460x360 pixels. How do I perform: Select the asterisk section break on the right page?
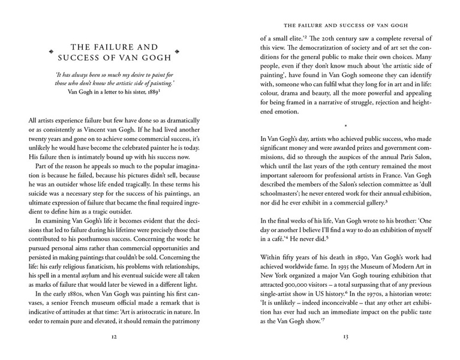pyautogui.click(x=345, y=126)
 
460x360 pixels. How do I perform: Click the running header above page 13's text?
pyautogui.click(x=345, y=26)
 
